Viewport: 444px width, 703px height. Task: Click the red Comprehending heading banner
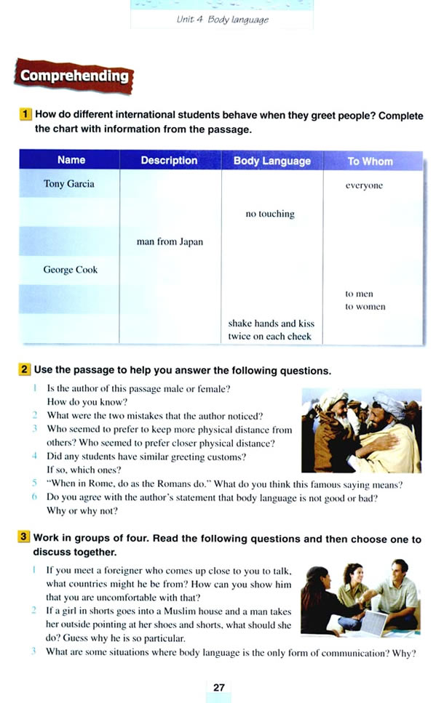tap(74, 76)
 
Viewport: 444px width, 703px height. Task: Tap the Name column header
tap(71, 160)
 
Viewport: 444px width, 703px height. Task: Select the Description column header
tap(169, 160)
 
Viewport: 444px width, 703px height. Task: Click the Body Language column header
tap(271, 161)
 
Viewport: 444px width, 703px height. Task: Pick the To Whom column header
tap(369, 161)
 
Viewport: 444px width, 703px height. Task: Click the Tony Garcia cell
tap(68, 184)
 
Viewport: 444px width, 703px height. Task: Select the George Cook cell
tap(70, 270)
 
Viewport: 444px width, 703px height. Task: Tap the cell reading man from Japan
tap(170, 242)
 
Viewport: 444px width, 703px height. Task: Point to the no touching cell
tap(270, 214)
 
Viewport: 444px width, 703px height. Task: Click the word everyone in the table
tap(363, 185)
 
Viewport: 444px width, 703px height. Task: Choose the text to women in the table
tap(365, 307)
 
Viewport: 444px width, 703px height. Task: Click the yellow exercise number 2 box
tap(25, 371)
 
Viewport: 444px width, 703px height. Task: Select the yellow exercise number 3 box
tap(25, 539)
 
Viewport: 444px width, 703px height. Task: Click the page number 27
tap(219, 687)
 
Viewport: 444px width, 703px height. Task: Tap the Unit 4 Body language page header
tap(222, 20)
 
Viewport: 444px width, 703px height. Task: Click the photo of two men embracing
tap(361, 430)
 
